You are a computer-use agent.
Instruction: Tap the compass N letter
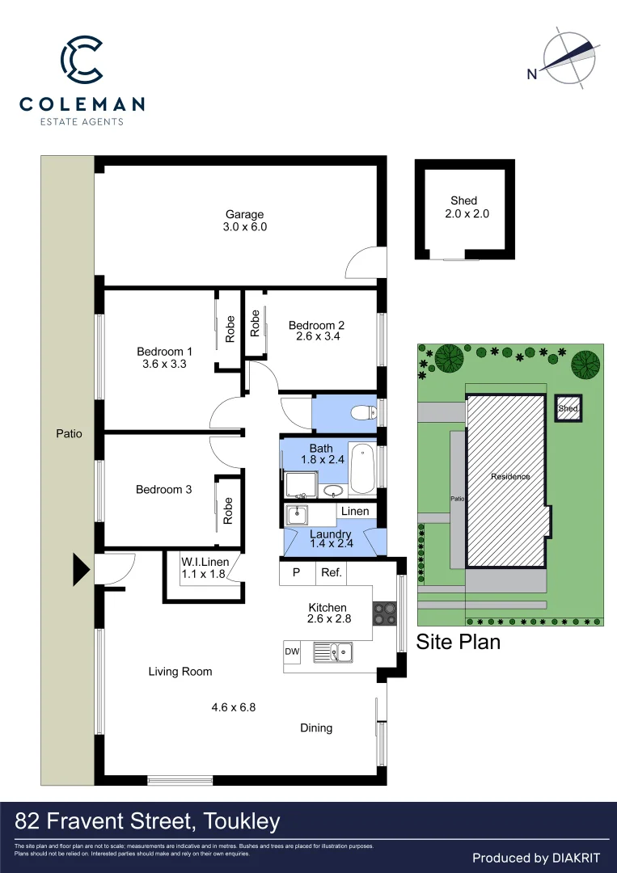pos(532,74)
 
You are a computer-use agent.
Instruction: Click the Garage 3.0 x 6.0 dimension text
pos(245,227)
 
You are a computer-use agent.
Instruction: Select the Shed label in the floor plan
pos(463,200)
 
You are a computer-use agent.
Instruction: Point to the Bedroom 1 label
pos(164,352)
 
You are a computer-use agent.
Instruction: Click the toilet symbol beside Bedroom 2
pos(363,413)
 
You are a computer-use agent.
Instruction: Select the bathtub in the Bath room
pos(361,468)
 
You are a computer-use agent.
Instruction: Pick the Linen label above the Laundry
pos(354,511)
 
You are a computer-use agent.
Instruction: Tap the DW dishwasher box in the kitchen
pos(292,651)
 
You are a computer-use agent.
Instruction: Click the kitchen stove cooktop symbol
pos(382,614)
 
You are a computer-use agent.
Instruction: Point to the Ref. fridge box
pos(332,572)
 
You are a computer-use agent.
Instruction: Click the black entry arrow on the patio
pos(81,570)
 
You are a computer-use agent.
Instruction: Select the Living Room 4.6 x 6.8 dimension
pos(234,706)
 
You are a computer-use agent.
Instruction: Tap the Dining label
pos(316,727)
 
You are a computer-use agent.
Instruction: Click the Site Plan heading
pos(458,642)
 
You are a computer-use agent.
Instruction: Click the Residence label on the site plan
pos(510,476)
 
